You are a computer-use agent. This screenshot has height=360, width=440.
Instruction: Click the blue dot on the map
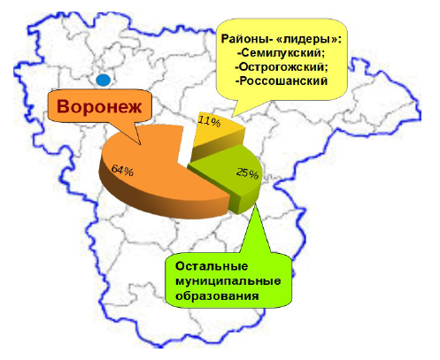(x=104, y=80)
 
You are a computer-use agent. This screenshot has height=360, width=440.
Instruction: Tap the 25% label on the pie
(x=247, y=172)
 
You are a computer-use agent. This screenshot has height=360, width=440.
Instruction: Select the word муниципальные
(x=228, y=281)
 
